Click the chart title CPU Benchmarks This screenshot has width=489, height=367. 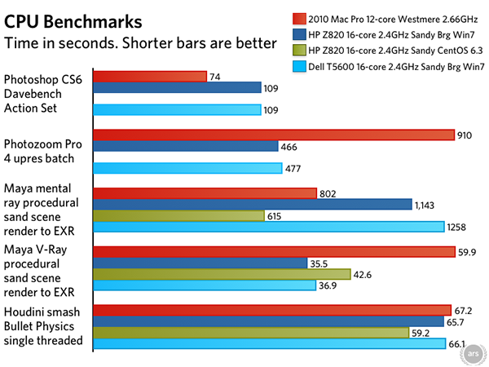click(x=73, y=22)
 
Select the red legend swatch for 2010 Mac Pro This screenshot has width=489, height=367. click(x=299, y=19)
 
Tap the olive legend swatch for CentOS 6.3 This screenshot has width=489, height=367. click(x=299, y=51)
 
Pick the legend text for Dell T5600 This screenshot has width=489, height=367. click(x=396, y=67)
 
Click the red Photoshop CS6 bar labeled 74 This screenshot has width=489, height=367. click(x=150, y=77)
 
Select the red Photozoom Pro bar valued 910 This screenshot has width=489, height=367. click(x=274, y=135)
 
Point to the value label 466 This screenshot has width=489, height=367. click(x=289, y=147)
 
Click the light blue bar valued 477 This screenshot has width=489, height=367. click(x=187, y=168)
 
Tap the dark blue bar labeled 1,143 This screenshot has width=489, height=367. click(x=253, y=205)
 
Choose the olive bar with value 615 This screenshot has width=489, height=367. click(x=179, y=215)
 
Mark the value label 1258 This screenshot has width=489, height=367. click(x=456, y=227)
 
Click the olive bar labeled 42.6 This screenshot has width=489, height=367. click(x=222, y=274)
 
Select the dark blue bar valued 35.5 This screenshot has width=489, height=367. click(x=200, y=263)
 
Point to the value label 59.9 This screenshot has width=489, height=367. click(x=467, y=252)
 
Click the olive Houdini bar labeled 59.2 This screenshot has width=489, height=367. click(x=251, y=333)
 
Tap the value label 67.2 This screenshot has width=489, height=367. click(x=463, y=311)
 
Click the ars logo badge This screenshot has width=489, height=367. click(x=473, y=354)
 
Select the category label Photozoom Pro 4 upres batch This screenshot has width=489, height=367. click(x=42, y=152)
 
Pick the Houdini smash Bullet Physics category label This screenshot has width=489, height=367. click(x=43, y=326)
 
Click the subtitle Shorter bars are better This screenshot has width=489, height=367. click(x=200, y=43)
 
